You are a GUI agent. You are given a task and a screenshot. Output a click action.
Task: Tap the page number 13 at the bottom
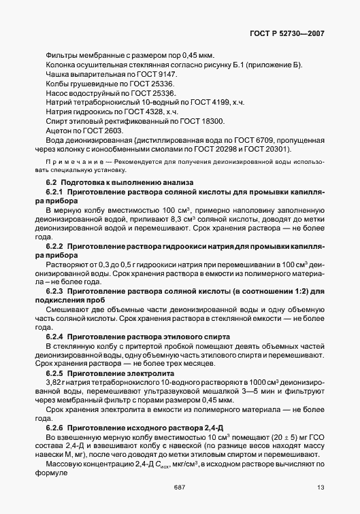tap(320, 487)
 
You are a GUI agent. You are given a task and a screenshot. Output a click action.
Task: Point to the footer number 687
tap(180, 487)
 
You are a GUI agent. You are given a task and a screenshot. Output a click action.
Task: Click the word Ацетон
tap(59, 129)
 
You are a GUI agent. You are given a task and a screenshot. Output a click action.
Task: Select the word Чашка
tap(58, 73)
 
